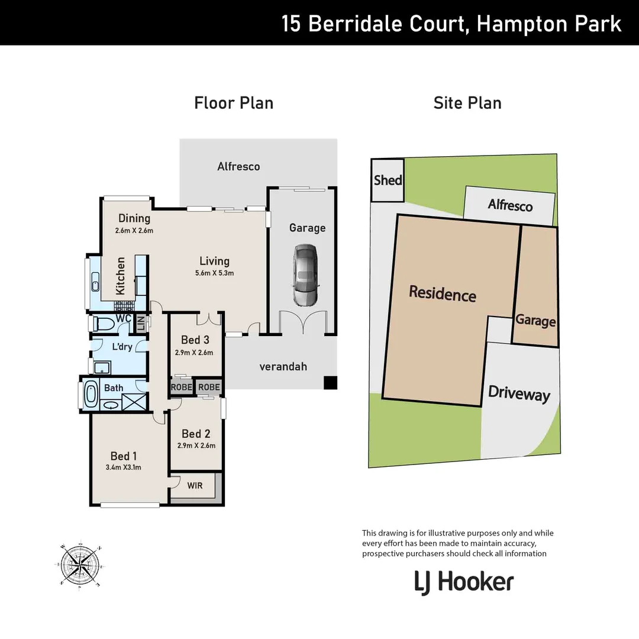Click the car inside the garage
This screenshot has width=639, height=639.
(305, 276)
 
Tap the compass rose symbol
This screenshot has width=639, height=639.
(81, 563)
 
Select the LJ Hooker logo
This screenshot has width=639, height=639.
(463, 582)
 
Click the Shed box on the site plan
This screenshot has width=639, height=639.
(388, 180)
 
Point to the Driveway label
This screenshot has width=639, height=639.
(519, 395)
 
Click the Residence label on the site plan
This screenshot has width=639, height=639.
(443, 293)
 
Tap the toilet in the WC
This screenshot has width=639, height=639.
(104, 324)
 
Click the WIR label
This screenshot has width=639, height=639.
(195, 486)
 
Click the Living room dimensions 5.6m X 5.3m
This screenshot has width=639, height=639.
(214, 273)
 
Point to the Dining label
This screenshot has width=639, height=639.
(134, 218)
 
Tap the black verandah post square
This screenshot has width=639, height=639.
(330, 383)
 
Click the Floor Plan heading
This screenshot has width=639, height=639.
(234, 103)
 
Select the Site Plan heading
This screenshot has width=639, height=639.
(467, 103)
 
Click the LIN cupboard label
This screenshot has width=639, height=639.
(141, 324)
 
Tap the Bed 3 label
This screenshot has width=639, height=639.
(195, 340)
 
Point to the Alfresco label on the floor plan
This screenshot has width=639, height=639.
(238, 166)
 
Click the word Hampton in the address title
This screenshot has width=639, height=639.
(517, 24)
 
